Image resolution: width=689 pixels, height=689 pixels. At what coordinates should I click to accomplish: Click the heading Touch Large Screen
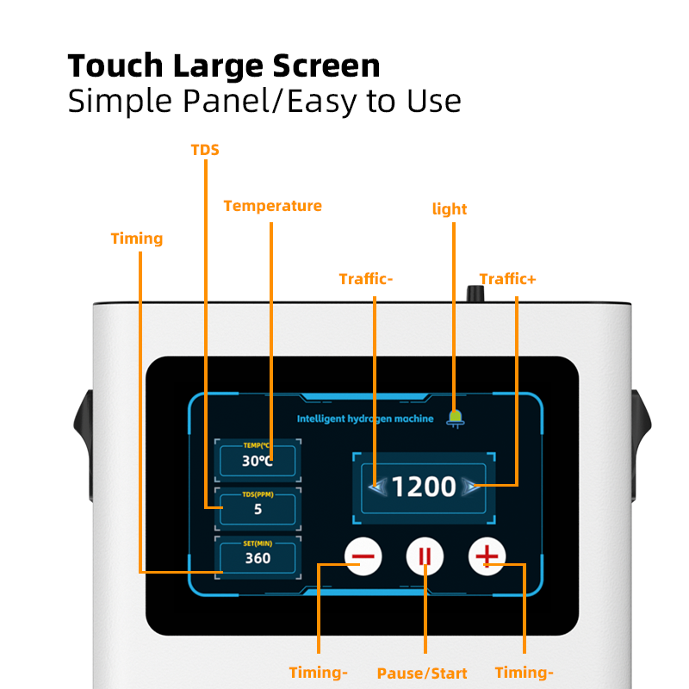pos(223,66)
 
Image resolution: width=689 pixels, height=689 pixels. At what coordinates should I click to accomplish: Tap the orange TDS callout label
pos(205,150)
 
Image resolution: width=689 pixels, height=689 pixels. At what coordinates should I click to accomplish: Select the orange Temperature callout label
pos(272,206)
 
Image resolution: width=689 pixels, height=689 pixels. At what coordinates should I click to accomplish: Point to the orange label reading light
pos(449,209)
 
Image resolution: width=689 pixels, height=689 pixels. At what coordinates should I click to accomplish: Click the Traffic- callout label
pos(366,279)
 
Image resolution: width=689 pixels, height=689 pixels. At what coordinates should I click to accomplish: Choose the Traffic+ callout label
pos(507,279)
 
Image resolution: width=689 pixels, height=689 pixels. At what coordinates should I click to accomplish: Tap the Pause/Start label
pos(422,673)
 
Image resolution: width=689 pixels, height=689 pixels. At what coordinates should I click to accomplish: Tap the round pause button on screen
pos(425,556)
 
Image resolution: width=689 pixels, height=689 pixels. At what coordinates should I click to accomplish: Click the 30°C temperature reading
pos(257,461)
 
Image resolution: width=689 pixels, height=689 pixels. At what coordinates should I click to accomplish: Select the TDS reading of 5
pos(258,509)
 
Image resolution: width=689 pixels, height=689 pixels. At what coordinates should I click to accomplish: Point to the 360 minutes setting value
pos(258,558)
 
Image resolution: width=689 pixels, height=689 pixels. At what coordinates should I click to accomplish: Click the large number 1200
pos(424,487)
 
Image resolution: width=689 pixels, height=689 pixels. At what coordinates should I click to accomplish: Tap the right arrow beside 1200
pos(470,487)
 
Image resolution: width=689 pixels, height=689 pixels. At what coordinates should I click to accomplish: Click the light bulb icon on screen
pos(455,418)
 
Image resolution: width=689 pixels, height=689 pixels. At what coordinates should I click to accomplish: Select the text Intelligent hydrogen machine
pos(365,419)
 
